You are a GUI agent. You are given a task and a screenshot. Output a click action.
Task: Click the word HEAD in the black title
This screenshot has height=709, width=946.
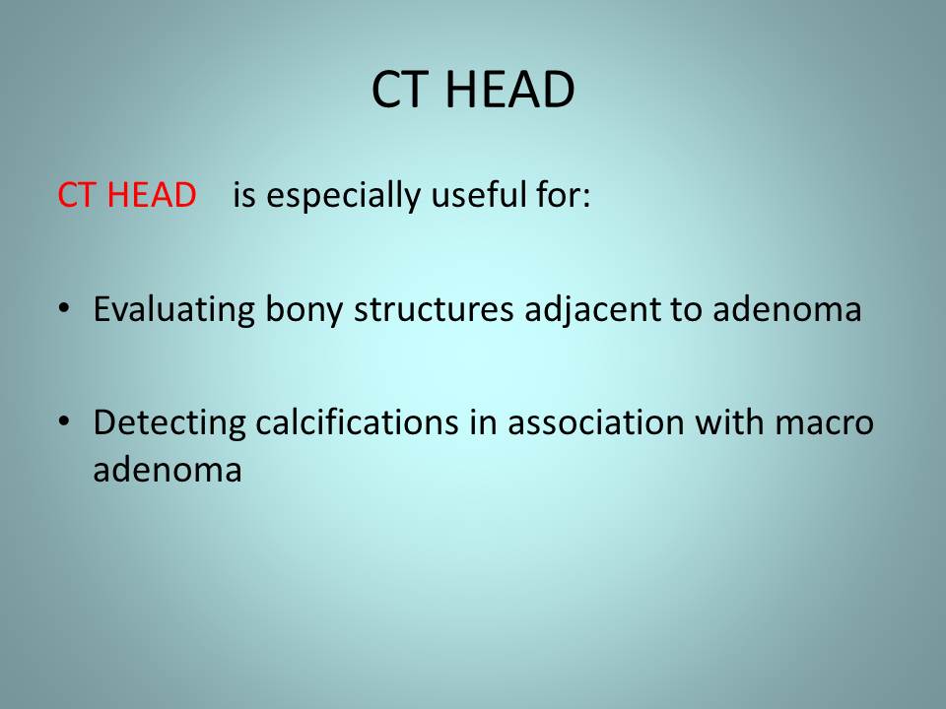[x=509, y=90]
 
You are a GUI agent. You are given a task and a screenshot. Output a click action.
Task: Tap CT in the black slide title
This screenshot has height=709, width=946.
[x=399, y=90]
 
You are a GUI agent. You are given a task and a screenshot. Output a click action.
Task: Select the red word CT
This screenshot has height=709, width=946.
[x=77, y=195]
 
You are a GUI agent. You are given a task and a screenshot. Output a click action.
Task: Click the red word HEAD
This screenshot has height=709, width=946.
[x=152, y=195]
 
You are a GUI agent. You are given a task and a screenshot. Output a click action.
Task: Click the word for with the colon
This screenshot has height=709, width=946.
[x=563, y=195]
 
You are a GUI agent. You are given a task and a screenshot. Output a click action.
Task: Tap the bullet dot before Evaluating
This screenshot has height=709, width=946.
[x=64, y=308]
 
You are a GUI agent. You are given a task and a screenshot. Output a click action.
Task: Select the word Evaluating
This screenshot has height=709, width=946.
[x=173, y=310]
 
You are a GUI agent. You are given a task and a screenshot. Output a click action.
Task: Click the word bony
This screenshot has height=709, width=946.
[x=304, y=310]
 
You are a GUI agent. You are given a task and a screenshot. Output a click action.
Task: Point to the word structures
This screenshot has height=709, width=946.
[x=434, y=310]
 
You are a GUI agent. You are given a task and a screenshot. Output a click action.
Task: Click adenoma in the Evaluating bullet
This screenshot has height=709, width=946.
[x=786, y=308]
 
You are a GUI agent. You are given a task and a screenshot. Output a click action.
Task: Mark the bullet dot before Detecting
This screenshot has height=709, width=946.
[x=64, y=421]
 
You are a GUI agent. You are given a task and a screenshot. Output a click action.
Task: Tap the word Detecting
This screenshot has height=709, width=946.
[x=169, y=423]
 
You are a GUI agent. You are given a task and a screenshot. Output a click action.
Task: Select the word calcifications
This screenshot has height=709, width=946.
[x=357, y=422]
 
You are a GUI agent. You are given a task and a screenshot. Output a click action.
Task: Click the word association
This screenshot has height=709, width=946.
[x=596, y=422]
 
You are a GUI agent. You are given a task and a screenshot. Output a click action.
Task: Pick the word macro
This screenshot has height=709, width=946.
[x=824, y=423]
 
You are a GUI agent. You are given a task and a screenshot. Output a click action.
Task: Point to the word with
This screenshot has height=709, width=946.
[x=729, y=422]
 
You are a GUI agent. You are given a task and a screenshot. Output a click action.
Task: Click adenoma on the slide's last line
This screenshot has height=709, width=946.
[x=168, y=469]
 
